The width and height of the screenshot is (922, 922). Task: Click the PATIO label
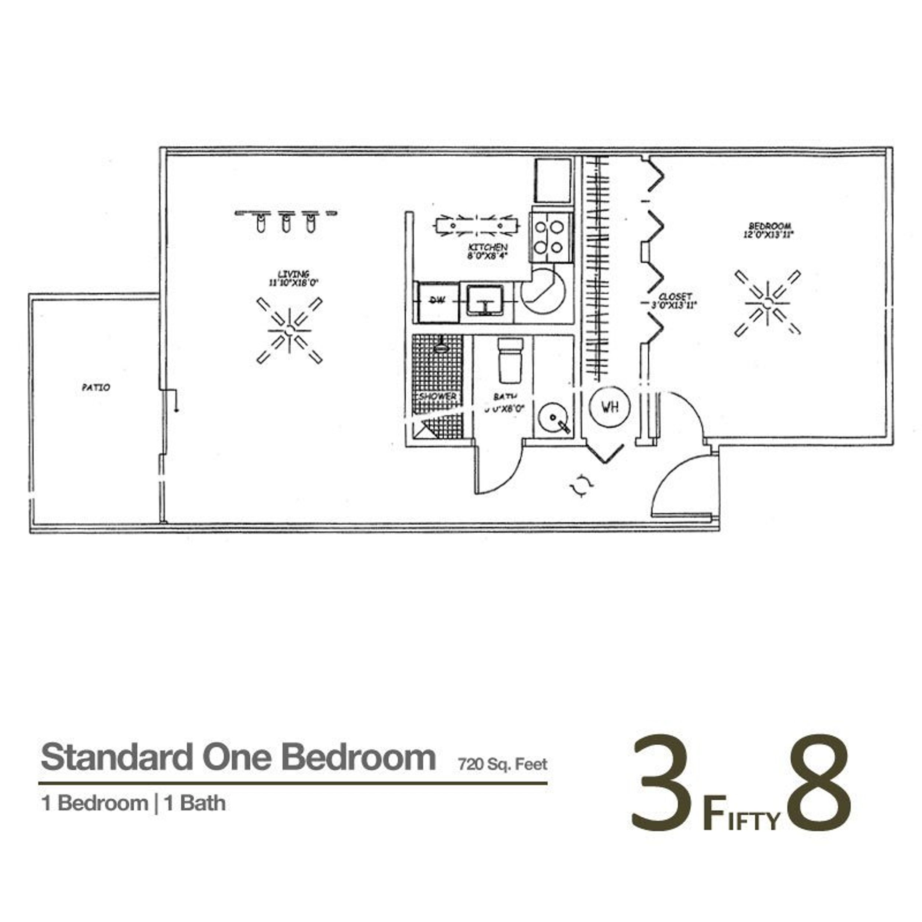coord(96,388)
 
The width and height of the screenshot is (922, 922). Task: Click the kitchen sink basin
coord(485,300)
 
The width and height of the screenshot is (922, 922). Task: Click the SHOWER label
coord(438,396)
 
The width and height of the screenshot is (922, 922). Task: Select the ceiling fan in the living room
coord(289,330)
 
